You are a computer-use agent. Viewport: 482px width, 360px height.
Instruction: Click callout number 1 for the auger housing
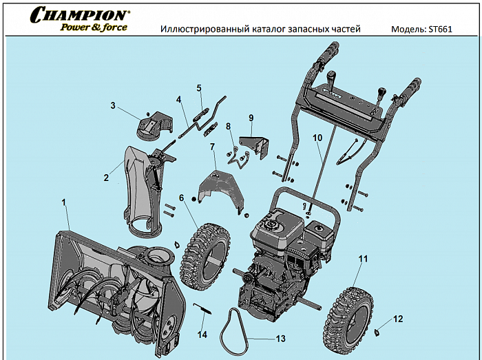[63, 203]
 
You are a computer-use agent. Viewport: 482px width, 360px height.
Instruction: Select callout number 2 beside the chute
[106, 178]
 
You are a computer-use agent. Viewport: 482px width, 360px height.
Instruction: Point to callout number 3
[112, 106]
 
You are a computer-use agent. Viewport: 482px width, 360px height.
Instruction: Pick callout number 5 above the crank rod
[199, 88]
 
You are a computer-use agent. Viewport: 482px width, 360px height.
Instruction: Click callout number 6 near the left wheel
[182, 198]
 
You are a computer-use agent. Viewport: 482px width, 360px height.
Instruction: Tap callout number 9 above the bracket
[251, 118]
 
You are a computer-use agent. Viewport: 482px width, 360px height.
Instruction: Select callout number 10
[317, 138]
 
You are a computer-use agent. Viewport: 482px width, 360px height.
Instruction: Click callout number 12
[398, 319]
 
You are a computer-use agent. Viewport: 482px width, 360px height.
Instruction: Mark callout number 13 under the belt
[280, 339]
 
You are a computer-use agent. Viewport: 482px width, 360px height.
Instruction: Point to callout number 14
[202, 335]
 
